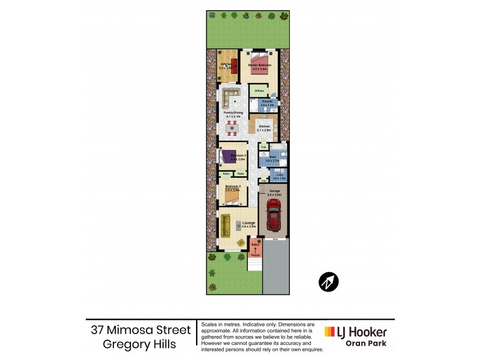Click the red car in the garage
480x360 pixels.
(x=273, y=215)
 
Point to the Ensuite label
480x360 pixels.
(x=267, y=101)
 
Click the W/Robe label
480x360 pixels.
(x=259, y=91)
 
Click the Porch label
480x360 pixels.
(x=255, y=255)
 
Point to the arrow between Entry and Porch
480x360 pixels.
(x=255, y=248)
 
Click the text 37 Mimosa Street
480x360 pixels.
(x=140, y=329)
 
